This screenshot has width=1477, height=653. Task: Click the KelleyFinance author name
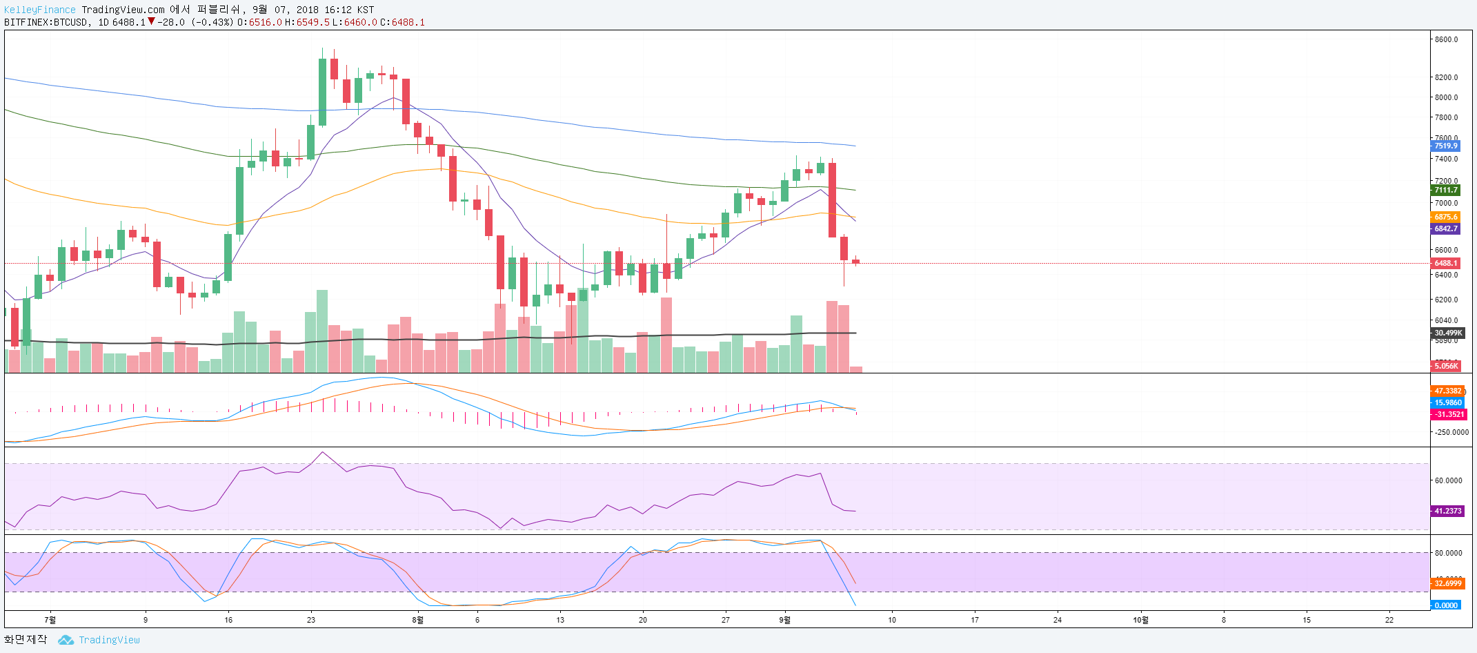tap(39, 10)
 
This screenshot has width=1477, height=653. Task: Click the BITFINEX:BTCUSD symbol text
tap(46, 22)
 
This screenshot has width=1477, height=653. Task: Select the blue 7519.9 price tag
tap(1446, 146)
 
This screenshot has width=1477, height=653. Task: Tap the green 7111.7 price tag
tap(1446, 190)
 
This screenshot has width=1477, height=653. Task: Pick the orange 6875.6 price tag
tap(1446, 217)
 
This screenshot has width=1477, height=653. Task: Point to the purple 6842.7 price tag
tap(1446, 228)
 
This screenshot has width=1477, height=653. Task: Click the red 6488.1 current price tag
tap(1446, 263)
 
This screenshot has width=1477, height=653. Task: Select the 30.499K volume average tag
tap(1447, 333)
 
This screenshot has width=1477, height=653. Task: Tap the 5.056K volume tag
tap(1446, 366)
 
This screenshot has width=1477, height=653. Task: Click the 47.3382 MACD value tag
tap(1447, 391)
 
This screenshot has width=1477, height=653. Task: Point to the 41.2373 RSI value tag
tap(1447, 511)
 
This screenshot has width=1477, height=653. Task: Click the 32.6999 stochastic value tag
tap(1447, 583)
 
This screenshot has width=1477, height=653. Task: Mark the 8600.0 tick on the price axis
tap(1446, 39)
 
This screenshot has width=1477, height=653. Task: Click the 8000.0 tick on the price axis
tap(1446, 97)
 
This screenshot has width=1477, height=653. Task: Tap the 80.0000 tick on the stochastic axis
tap(1448, 553)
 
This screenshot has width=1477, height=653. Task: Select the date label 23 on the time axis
tap(311, 620)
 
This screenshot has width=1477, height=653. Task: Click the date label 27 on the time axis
tap(726, 620)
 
